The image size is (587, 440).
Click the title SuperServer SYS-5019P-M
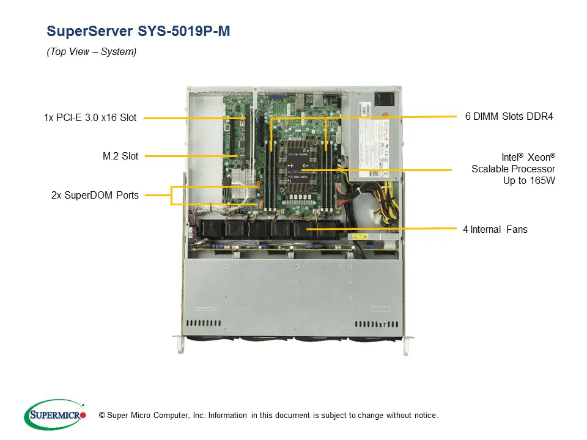click(138, 32)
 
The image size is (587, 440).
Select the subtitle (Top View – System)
click(92, 52)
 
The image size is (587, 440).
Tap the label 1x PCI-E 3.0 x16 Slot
click(90, 117)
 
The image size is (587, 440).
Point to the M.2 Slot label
click(120, 156)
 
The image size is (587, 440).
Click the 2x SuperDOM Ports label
click(95, 196)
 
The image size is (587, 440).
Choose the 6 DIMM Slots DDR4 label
click(509, 117)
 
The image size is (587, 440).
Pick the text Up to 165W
click(529, 181)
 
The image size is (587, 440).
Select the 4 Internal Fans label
click(495, 230)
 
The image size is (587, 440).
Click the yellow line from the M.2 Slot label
click(190, 156)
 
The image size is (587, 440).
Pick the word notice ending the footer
click(424, 416)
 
